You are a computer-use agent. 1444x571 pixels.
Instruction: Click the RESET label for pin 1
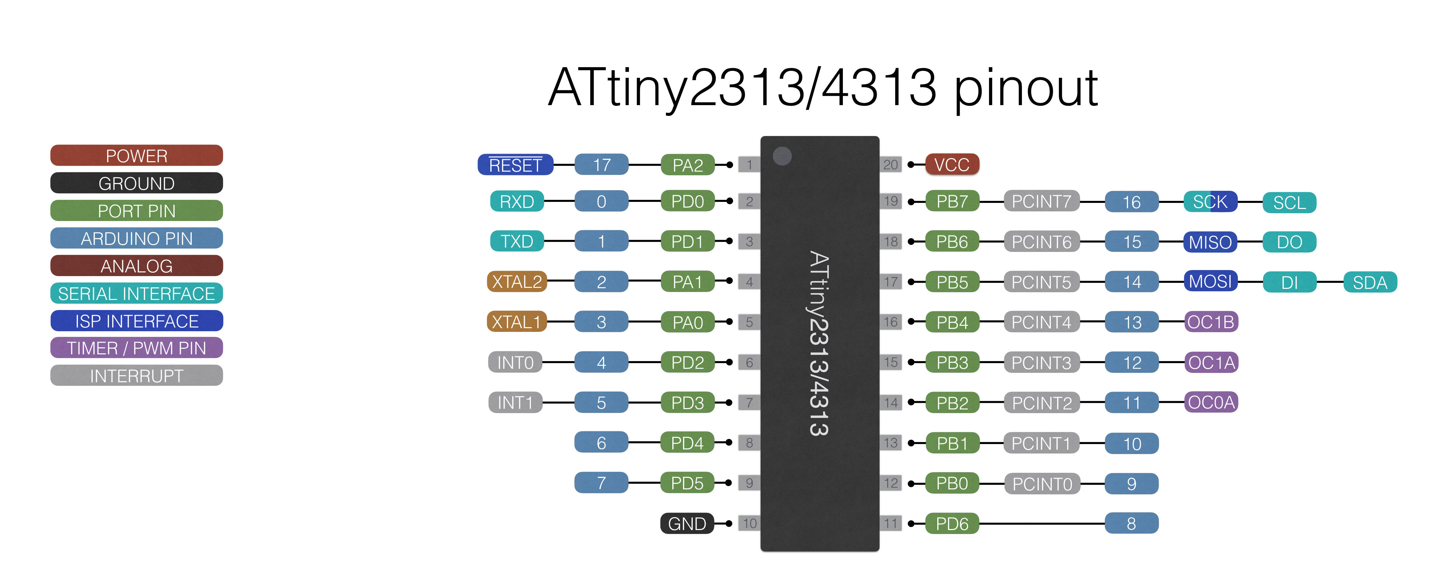click(515, 165)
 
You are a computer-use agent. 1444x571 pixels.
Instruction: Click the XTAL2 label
click(516, 281)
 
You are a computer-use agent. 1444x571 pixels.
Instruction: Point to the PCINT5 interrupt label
click(1041, 282)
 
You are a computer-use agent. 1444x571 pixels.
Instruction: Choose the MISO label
click(1210, 242)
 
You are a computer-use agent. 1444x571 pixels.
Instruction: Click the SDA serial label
click(1370, 282)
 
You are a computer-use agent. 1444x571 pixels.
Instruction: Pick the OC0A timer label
click(1211, 402)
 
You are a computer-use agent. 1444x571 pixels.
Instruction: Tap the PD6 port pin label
click(952, 523)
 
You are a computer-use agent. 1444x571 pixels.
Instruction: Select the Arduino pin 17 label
click(601, 165)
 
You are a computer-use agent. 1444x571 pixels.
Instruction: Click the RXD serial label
click(516, 202)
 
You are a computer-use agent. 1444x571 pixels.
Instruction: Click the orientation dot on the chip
click(782, 156)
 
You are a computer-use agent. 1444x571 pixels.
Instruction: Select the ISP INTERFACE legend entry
click(137, 321)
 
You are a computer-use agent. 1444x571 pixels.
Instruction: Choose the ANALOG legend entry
click(137, 266)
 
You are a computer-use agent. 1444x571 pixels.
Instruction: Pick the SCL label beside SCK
click(1289, 203)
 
